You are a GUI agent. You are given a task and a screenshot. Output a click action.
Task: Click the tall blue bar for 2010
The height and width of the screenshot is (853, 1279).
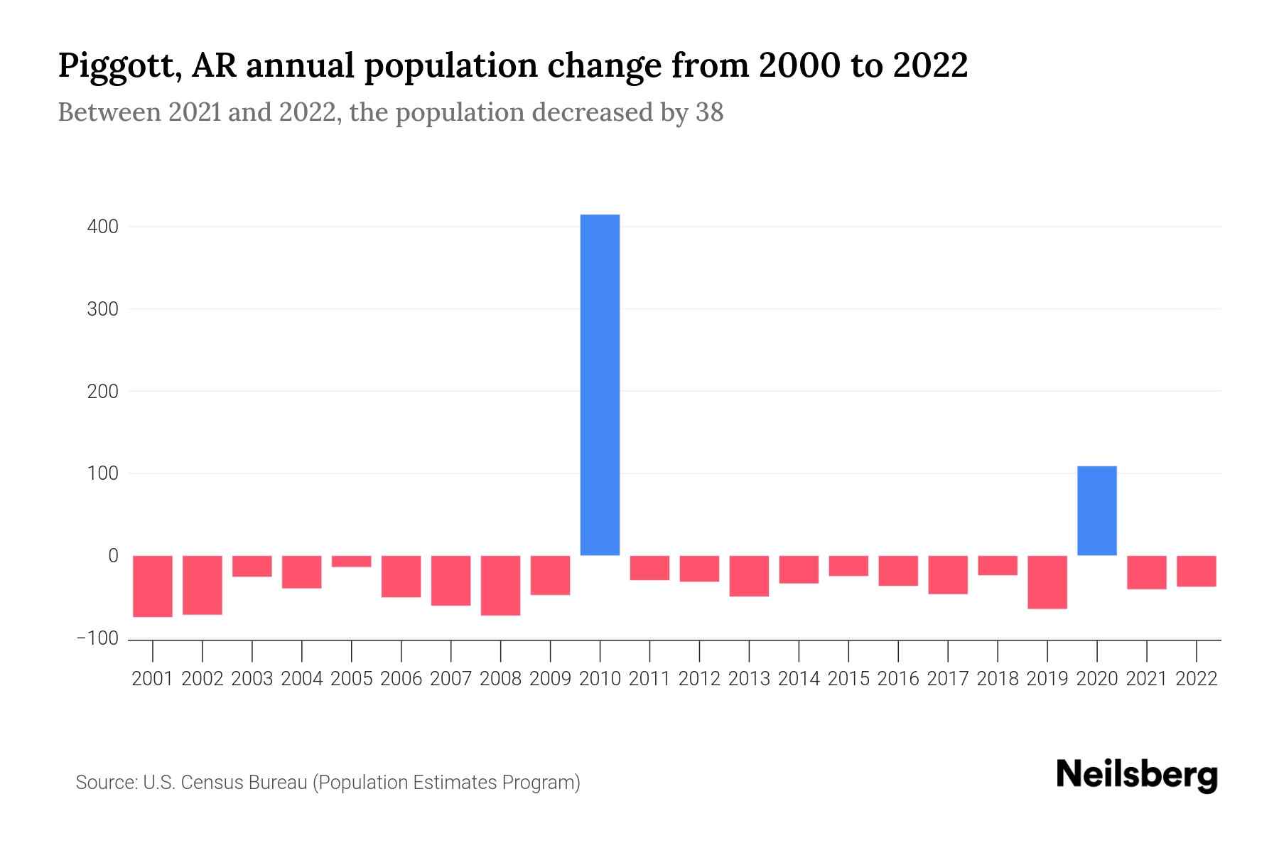pyautogui.click(x=600, y=384)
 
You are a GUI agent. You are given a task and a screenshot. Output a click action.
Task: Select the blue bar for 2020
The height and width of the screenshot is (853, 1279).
pyautogui.click(x=1096, y=510)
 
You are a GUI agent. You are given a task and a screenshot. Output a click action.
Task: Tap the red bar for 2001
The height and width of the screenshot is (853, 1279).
pyautogui.click(x=153, y=586)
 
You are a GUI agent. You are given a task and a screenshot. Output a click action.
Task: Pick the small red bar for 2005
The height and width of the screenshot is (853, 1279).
pyautogui.click(x=352, y=562)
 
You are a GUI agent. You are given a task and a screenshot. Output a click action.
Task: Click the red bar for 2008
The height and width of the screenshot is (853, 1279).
pyautogui.click(x=500, y=585)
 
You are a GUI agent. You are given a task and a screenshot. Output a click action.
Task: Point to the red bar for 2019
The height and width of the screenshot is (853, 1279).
pyautogui.click(x=1047, y=582)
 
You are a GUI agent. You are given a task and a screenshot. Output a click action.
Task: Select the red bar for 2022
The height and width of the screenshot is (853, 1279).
pyautogui.click(x=1196, y=571)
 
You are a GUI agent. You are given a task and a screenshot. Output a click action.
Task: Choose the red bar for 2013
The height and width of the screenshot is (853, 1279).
pyautogui.click(x=749, y=576)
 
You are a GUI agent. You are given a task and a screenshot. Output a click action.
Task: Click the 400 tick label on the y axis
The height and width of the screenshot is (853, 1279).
pyautogui.click(x=103, y=227)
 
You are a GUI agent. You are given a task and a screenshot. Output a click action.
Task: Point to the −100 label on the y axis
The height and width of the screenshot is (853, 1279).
pyautogui.click(x=97, y=638)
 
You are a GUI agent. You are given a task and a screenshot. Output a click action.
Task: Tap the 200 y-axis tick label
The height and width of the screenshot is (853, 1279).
pyautogui.click(x=103, y=392)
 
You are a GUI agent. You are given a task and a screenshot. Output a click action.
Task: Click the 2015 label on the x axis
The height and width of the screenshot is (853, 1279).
pyautogui.click(x=848, y=679)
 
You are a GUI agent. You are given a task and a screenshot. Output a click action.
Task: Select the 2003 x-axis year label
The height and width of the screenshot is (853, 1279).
pyautogui.click(x=252, y=679)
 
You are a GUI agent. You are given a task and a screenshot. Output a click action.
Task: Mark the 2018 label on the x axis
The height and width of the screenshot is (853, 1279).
pyautogui.click(x=997, y=679)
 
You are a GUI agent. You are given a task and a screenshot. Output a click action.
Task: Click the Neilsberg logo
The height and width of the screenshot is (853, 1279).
pyautogui.click(x=1136, y=775)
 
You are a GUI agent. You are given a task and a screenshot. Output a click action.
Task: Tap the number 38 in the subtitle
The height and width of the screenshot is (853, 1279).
pyautogui.click(x=709, y=112)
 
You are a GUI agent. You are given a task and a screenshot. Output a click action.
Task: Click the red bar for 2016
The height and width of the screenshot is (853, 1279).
pyautogui.click(x=898, y=571)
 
